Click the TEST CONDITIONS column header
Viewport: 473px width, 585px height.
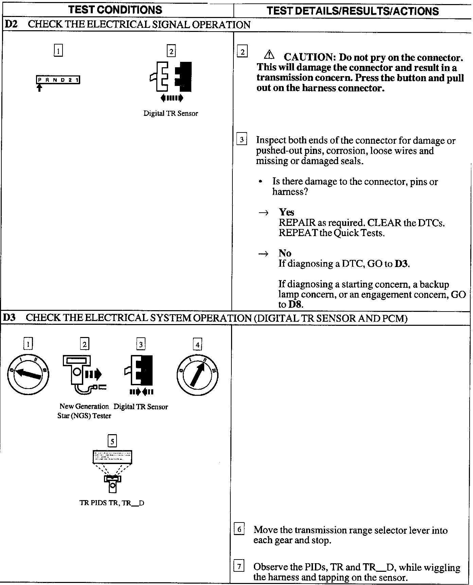[115, 10]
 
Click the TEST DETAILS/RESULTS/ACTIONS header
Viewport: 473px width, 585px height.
[353, 11]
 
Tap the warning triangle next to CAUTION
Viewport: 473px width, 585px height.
[269, 54]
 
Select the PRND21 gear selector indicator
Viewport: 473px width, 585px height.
[58, 80]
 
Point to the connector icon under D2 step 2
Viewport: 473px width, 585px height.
[171, 77]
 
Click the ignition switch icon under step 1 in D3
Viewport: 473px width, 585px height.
[28, 374]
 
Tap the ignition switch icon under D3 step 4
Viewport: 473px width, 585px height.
[197, 374]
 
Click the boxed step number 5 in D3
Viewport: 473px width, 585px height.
[112, 441]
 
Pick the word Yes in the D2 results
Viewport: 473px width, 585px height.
[286, 212]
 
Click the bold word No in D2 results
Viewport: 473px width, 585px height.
[285, 253]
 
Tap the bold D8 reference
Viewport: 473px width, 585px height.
[295, 304]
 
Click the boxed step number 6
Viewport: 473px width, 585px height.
[239, 529]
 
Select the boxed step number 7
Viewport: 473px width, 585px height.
[239, 566]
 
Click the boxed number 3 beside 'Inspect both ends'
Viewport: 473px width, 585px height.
[242, 140]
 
